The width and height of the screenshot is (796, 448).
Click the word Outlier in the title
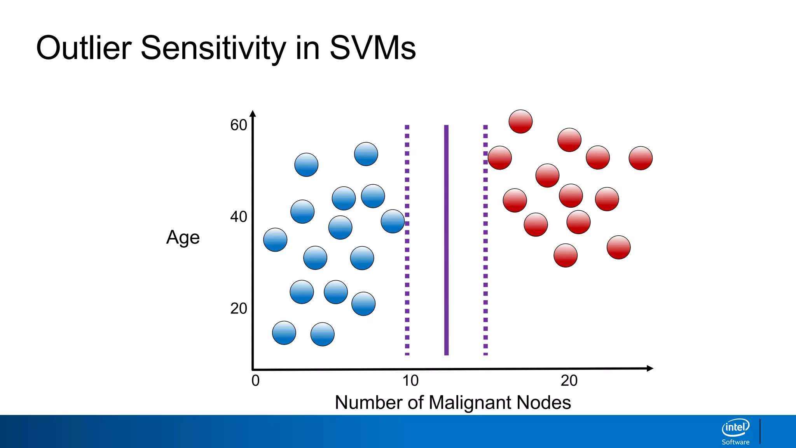pos(84,48)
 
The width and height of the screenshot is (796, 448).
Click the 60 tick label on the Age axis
pos(238,125)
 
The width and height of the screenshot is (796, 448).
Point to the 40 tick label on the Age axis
pos(238,217)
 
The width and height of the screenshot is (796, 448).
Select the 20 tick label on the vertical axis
pos(238,308)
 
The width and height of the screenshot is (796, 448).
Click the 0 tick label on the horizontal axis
pos(255,380)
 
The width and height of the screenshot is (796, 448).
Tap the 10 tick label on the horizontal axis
pos(410,380)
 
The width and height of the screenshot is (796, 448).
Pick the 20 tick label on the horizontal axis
pos(569,380)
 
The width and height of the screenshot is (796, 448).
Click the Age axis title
pos(183,237)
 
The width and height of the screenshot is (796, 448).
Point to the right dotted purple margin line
pos(485,272)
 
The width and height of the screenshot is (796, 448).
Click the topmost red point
pos(520,122)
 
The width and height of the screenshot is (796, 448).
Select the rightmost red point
pos(641,158)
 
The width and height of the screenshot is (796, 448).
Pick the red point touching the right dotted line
pos(499,158)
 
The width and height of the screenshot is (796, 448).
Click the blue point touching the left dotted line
pos(393,221)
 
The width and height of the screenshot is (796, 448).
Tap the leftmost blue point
pos(275,240)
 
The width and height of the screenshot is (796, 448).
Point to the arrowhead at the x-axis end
pos(649,368)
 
